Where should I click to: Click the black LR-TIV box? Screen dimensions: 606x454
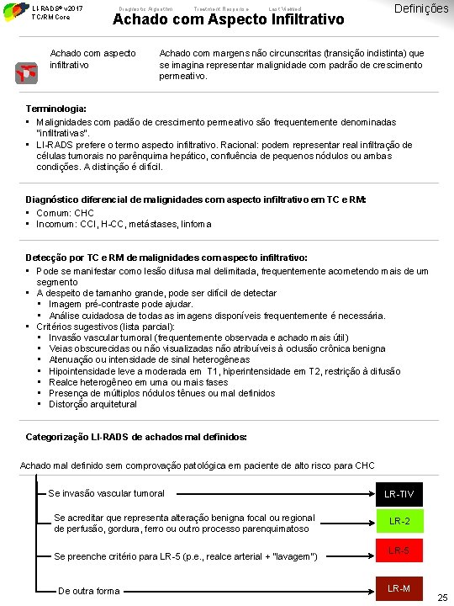click(399, 494)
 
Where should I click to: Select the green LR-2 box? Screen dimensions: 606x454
click(399, 521)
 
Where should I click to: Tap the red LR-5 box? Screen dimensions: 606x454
click(399, 551)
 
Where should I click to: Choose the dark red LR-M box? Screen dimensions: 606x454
click(399, 588)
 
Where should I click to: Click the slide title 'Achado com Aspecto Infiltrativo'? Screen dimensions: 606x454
click(229, 19)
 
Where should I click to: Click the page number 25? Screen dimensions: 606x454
click(442, 598)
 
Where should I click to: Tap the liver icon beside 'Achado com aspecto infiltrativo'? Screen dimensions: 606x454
click(26, 74)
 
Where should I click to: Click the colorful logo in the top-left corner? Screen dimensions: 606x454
click(13, 12)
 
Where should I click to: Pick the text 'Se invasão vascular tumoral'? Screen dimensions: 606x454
click(107, 493)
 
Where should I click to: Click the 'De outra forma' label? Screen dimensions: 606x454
click(89, 591)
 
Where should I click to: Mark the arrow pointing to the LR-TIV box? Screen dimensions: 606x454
click(269, 494)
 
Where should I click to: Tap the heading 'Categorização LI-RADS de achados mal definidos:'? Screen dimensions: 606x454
click(137, 438)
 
